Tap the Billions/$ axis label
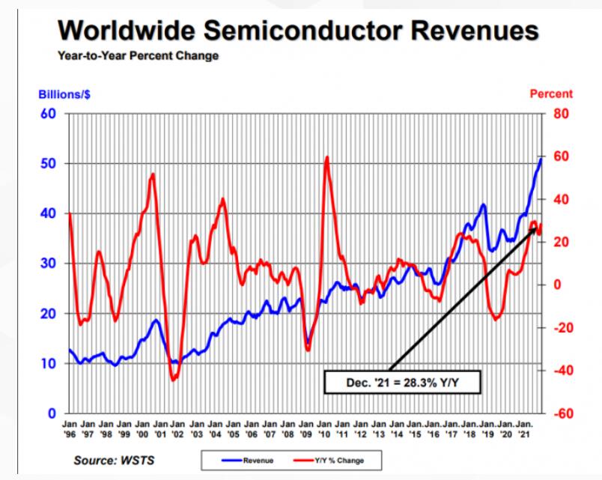(x=65, y=94)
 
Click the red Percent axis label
(x=551, y=94)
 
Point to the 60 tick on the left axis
(x=52, y=114)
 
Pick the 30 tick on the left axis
(x=52, y=264)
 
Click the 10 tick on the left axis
(x=52, y=364)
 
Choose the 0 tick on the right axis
(x=556, y=285)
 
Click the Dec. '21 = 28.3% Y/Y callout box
(x=401, y=383)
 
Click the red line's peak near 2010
(x=327, y=157)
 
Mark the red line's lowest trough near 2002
(x=174, y=380)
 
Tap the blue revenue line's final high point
(x=541, y=159)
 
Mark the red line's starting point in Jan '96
(x=70, y=213)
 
